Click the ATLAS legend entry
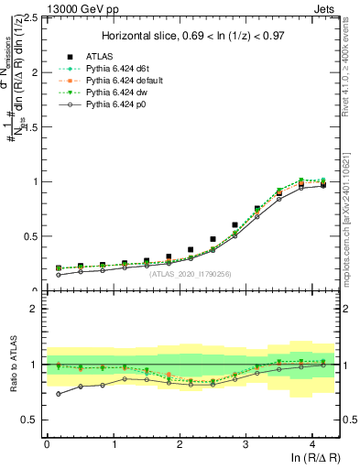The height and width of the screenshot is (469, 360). pos(97,55)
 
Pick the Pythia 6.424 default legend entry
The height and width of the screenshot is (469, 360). pos(118,81)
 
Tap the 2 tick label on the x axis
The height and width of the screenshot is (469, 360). pos(179,443)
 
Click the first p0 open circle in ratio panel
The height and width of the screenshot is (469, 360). pos(59,394)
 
